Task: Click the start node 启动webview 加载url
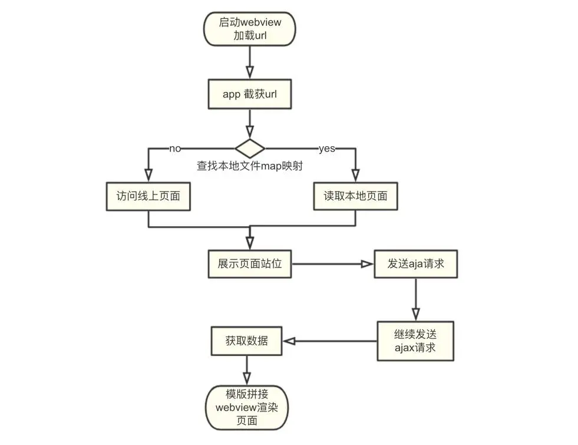[x=249, y=28]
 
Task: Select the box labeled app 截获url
[x=249, y=94]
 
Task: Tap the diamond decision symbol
[x=250, y=148]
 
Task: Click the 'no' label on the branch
[x=174, y=149]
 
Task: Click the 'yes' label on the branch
[x=327, y=149]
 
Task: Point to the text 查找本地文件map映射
[x=250, y=166]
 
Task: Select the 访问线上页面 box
[x=148, y=196]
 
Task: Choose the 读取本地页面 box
[x=355, y=196]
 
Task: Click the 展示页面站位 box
[x=250, y=263]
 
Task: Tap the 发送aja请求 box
[x=415, y=263]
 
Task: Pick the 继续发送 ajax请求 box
[x=415, y=341]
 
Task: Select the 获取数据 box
[x=246, y=341]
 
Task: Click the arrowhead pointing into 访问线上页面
[x=148, y=176]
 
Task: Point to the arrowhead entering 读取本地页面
[x=355, y=176]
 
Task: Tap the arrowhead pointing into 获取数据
[x=289, y=341]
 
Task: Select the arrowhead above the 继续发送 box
[x=415, y=313]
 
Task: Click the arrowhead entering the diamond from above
[x=249, y=132]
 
